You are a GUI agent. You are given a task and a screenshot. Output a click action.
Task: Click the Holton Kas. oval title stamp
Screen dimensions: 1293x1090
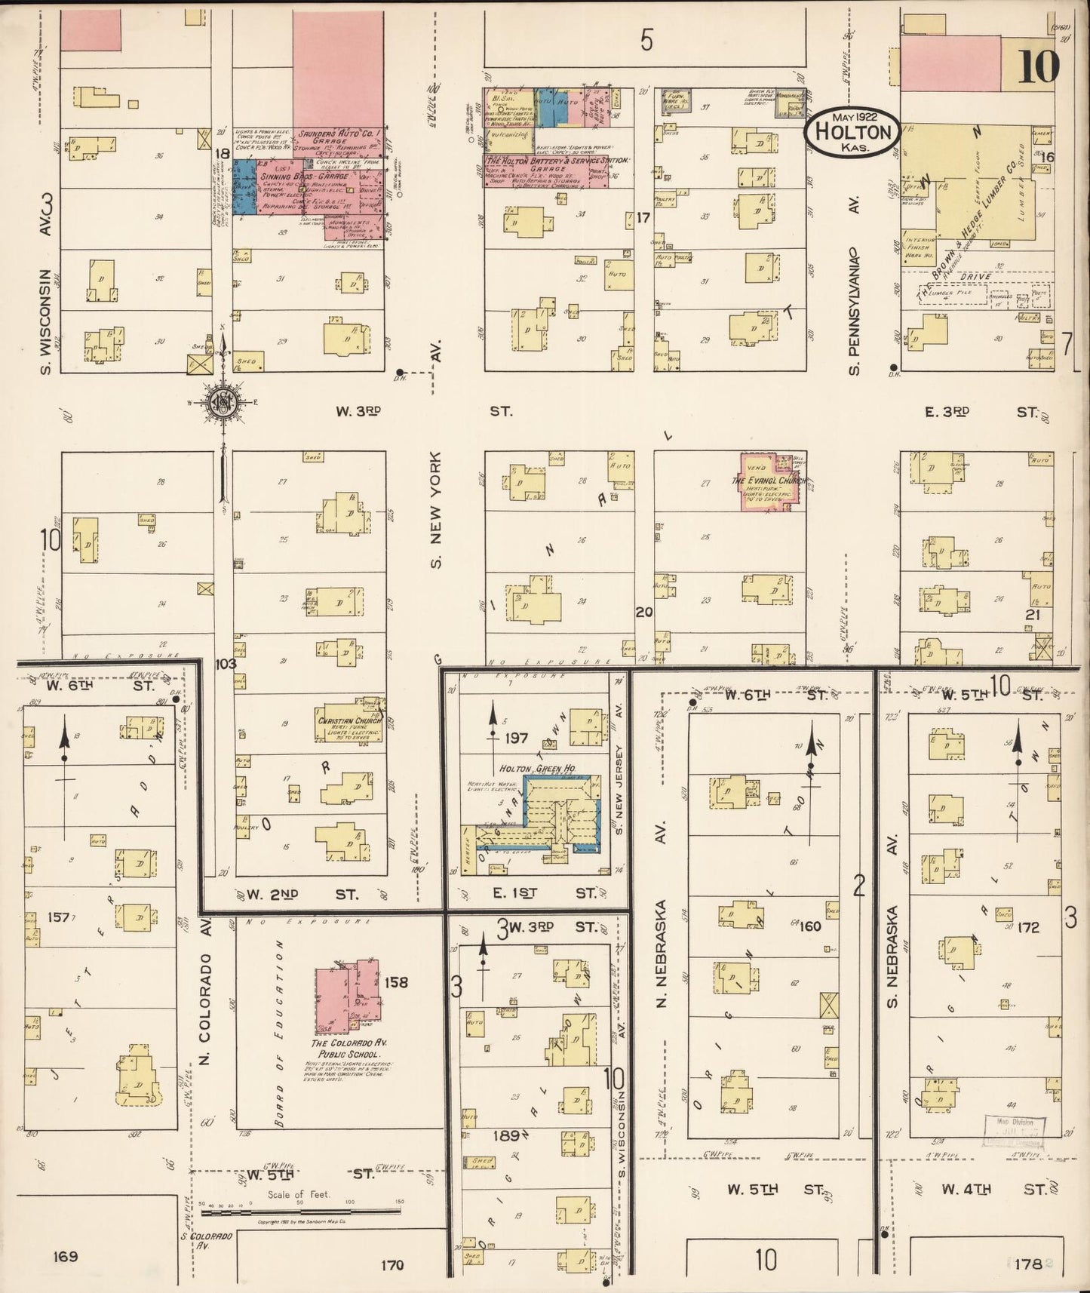click(x=852, y=133)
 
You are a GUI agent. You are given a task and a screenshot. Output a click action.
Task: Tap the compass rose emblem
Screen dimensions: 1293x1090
click(x=223, y=401)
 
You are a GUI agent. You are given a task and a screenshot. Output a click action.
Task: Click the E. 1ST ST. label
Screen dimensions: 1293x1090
click(x=545, y=893)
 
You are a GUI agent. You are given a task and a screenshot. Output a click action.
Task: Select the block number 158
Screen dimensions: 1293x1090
click(x=395, y=982)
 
